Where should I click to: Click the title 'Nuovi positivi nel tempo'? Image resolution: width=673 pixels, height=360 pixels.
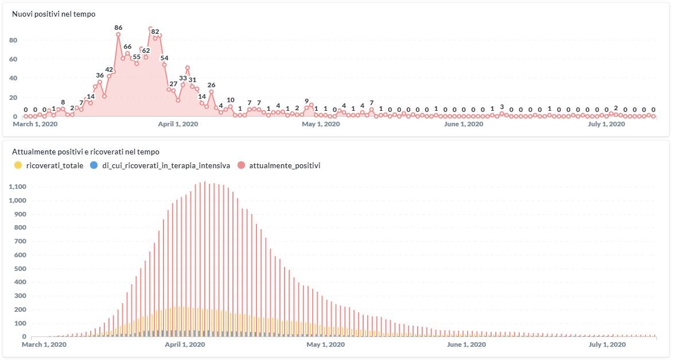coord(54,14)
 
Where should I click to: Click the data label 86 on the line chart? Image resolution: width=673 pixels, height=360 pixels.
coord(118,28)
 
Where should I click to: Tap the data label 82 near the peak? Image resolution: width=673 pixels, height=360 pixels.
coord(155,32)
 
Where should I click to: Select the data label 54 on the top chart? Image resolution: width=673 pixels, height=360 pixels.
coord(164,58)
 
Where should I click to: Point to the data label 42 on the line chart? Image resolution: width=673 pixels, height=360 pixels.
coord(109,69)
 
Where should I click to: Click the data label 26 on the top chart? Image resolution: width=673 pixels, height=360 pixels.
coord(211,85)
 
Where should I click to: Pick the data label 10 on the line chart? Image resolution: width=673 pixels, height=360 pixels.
coord(231,100)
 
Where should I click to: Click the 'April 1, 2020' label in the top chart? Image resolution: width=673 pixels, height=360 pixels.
coord(177,124)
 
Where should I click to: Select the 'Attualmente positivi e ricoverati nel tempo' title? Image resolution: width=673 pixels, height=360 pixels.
coord(85,152)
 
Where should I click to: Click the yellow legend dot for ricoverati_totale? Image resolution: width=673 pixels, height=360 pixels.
coord(18,165)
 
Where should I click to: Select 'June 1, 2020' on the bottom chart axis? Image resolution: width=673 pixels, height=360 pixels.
coord(466,344)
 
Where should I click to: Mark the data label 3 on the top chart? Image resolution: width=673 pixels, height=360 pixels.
coord(501,107)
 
